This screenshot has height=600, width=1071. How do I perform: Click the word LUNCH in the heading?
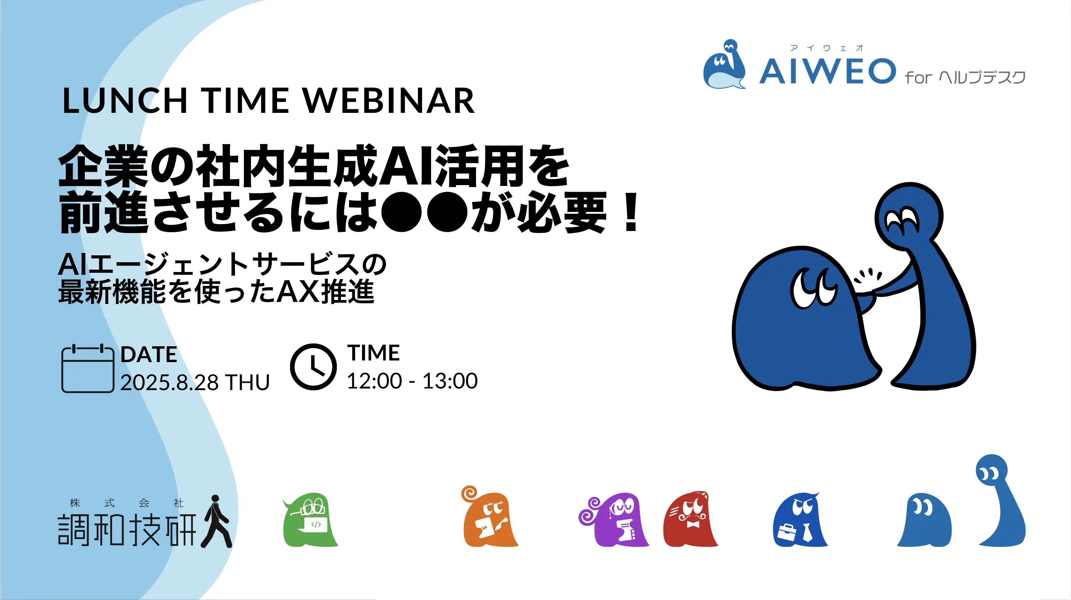click(125, 101)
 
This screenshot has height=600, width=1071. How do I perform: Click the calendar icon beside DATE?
click(88, 368)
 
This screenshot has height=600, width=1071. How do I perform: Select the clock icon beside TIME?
click(313, 367)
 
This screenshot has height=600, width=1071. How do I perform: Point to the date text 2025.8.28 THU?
click(195, 382)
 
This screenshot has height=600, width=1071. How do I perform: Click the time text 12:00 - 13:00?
click(412, 381)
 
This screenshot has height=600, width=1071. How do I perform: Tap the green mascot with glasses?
click(310, 520)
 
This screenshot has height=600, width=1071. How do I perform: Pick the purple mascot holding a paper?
click(614, 520)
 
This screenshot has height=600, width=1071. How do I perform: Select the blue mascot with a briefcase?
click(800, 520)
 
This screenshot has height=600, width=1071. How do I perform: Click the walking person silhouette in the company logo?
click(216, 521)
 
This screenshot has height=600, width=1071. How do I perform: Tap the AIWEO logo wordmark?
click(827, 71)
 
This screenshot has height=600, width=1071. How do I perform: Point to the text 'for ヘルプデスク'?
click(965, 77)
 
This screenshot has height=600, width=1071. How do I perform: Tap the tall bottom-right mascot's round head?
click(992, 471)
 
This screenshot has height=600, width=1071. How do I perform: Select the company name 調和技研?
click(127, 529)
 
